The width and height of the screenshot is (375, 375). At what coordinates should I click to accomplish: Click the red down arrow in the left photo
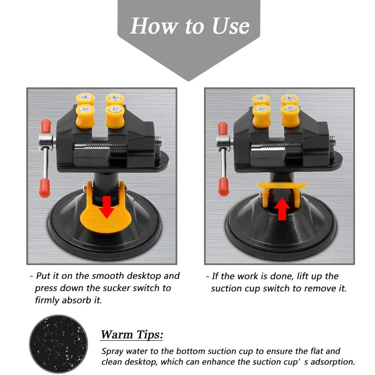[x=106, y=207]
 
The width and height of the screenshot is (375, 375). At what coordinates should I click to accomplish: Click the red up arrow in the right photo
[x=282, y=209]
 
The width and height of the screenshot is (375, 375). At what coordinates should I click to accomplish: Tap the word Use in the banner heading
[x=231, y=26]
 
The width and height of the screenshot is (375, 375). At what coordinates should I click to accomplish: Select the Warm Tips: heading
[x=132, y=334]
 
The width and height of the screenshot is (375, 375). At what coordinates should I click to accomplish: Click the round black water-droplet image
[x=58, y=344]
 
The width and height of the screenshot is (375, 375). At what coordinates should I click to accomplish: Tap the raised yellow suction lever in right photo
[x=282, y=194]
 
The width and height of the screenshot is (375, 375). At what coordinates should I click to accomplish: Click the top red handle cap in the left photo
[x=46, y=126]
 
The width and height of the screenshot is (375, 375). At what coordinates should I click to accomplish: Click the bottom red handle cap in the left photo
[x=45, y=188]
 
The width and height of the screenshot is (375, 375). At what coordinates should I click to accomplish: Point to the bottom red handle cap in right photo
[x=223, y=186]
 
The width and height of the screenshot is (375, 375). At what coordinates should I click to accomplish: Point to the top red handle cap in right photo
[x=223, y=128]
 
